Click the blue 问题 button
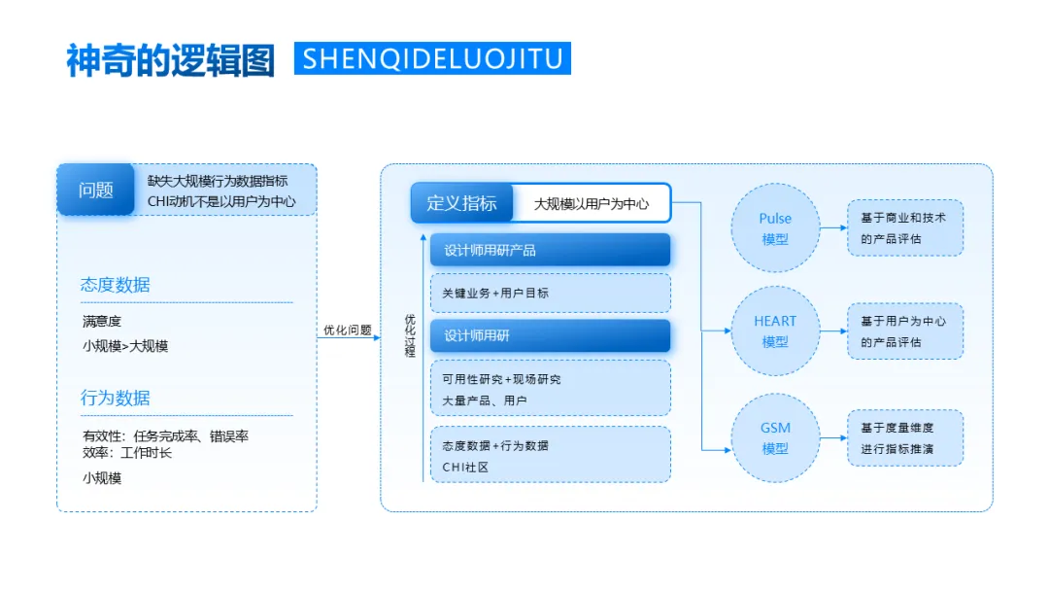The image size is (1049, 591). click(95, 190)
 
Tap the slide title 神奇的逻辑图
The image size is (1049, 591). click(170, 59)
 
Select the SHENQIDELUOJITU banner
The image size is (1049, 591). click(432, 58)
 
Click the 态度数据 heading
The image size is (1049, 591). click(116, 285)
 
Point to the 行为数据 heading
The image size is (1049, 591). click(116, 398)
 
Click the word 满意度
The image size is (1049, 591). click(102, 321)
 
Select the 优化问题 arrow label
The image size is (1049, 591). click(347, 330)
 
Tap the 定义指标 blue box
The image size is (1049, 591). click(461, 203)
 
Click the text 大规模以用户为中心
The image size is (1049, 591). click(591, 204)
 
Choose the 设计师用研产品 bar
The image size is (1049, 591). click(550, 250)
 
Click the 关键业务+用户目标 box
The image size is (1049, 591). click(550, 293)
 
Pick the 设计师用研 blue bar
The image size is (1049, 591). click(550, 336)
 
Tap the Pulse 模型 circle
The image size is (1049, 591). click(775, 228)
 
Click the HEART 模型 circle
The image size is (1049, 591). click(775, 331)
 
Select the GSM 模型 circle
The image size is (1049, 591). click(775, 438)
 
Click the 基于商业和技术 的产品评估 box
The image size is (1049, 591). click(904, 228)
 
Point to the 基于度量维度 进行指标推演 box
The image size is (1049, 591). click(904, 437)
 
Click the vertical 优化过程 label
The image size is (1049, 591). click(410, 335)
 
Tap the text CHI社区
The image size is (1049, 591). click(464, 467)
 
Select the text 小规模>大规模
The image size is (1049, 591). click(125, 345)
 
